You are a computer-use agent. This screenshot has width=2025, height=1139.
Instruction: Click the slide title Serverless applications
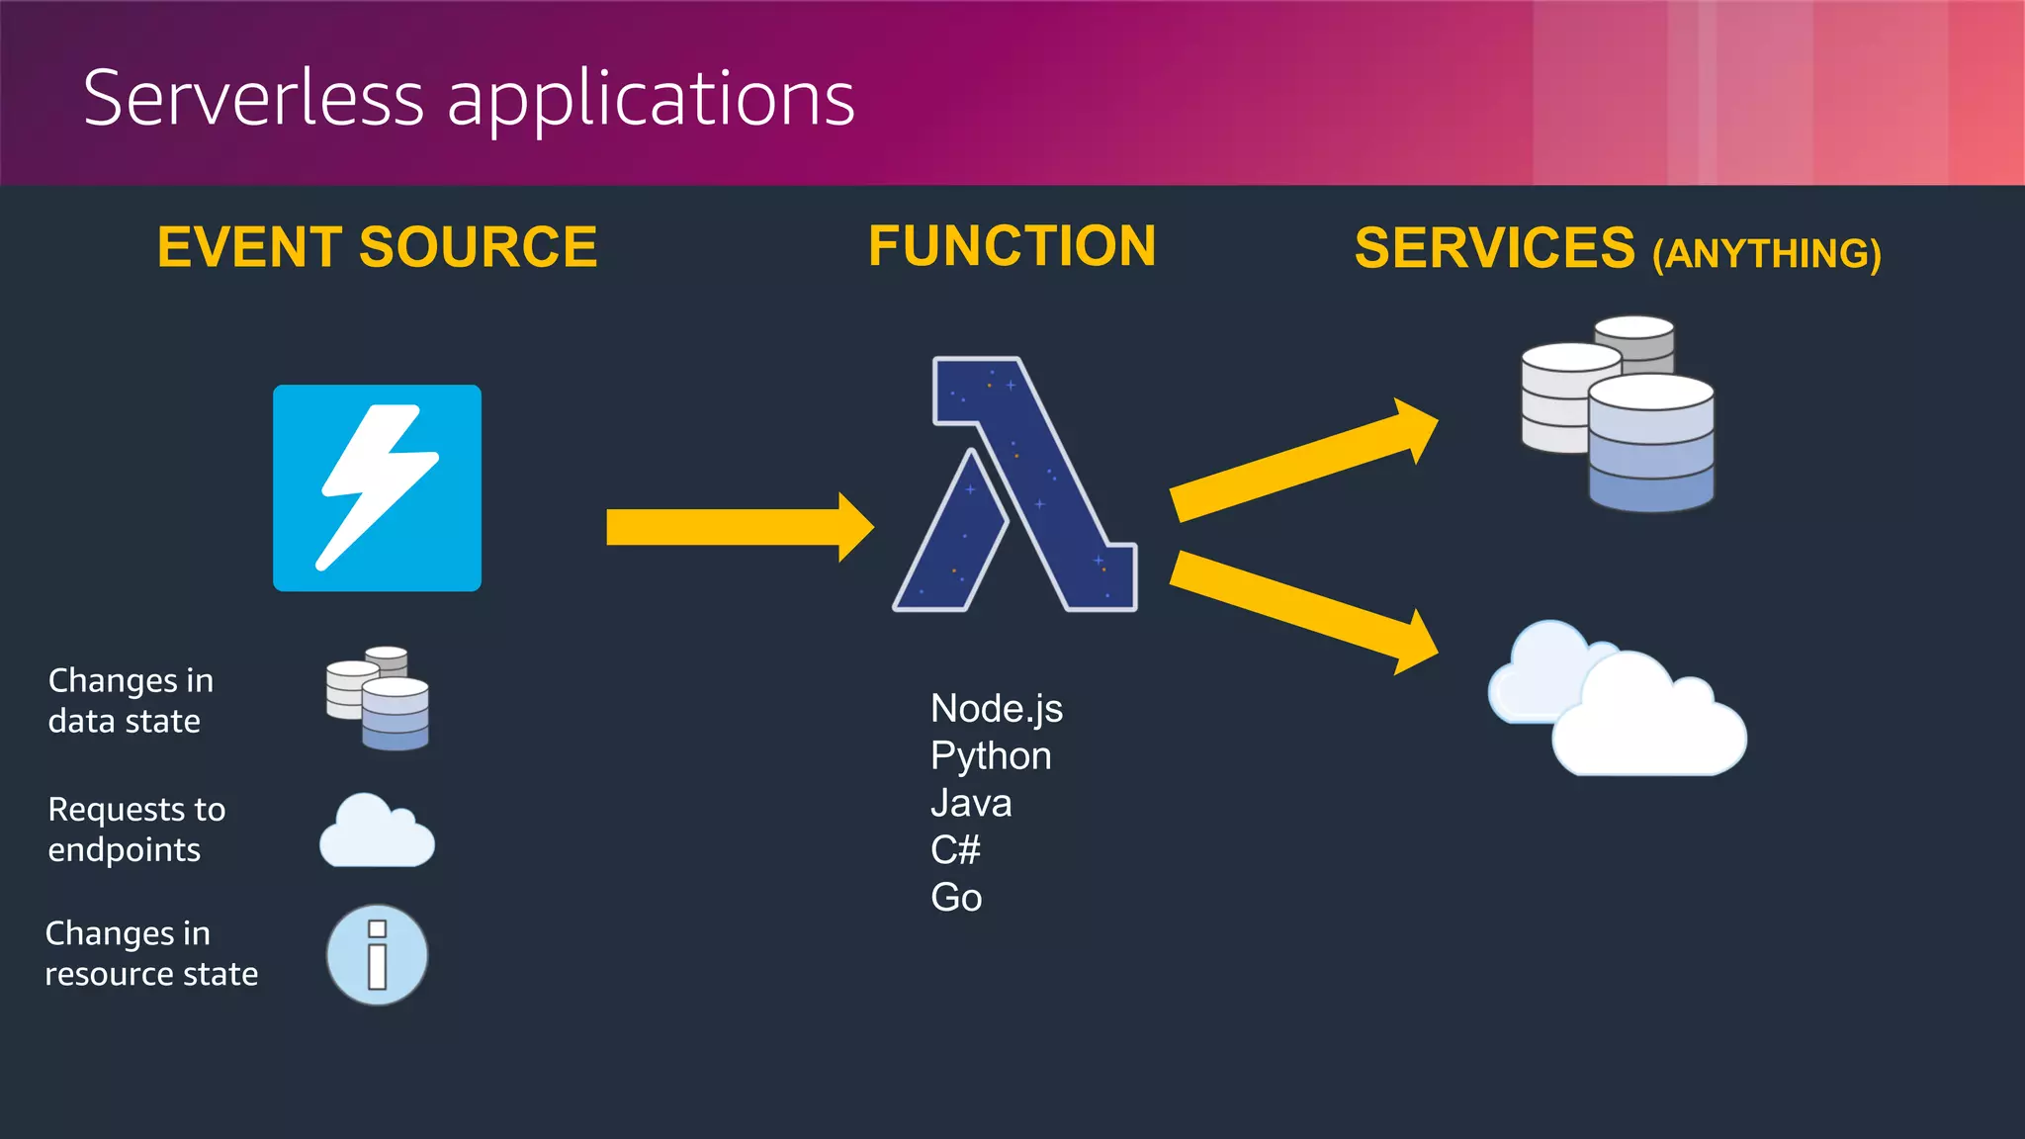[x=469, y=99]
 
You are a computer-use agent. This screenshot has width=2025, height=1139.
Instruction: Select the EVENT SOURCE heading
[x=377, y=247]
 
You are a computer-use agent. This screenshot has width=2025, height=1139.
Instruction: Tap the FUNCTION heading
[x=1012, y=246]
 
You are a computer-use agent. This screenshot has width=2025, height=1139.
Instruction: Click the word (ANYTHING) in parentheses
[x=1766, y=254]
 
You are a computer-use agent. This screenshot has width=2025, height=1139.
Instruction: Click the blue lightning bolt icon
[x=377, y=487]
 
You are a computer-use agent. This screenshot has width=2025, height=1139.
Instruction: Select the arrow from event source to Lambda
[x=737, y=527]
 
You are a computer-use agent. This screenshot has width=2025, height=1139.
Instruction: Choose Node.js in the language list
[x=996, y=709]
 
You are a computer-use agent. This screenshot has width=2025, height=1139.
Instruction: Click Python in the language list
[x=990, y=756]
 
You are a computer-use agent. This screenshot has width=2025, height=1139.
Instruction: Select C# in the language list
[x=955, y=850]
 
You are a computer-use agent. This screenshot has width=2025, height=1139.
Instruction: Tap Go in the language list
[x=955, y=898]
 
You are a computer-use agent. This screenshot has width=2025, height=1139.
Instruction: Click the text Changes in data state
[x=130, y=701]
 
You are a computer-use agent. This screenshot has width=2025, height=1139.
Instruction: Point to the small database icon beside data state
[x=379, y=698]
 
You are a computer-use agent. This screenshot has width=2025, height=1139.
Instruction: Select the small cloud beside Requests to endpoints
[x=377, y=832]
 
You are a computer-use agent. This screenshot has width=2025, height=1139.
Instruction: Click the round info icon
[x=377, y=955]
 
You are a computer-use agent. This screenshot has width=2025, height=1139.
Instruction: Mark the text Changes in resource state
[x=150, y=954]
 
